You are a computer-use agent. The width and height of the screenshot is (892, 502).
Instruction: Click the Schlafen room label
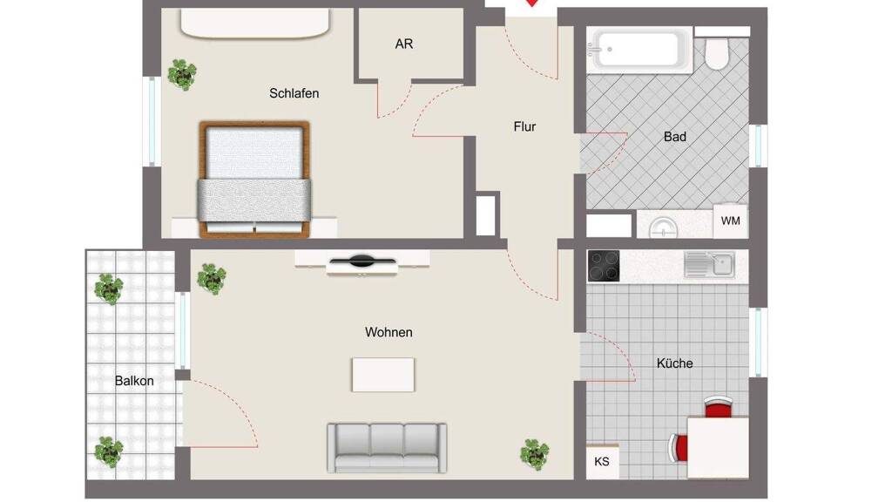(294, 93)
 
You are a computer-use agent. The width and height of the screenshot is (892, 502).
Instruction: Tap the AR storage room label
(404, 44)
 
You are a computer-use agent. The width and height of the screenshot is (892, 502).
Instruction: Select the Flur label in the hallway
(524, 126)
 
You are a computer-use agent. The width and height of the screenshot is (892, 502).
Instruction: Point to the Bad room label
(675, 137)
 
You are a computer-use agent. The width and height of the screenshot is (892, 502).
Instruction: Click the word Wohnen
(389, 332)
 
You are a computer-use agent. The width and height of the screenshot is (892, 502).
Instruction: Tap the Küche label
(675, 363)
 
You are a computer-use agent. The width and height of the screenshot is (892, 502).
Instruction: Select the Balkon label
(134, 381)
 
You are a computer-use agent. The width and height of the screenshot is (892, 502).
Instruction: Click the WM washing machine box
(731, 220)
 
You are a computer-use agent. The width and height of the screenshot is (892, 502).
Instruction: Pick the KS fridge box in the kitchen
(602, 461)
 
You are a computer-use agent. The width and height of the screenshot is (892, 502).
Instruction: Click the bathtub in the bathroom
(639, 50)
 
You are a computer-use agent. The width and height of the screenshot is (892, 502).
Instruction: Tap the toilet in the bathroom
(718, 51)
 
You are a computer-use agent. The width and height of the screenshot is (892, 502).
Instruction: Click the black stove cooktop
(604, 266)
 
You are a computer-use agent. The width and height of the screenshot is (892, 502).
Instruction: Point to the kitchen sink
(709, 265)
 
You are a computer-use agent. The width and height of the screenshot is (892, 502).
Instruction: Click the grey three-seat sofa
(387, 448)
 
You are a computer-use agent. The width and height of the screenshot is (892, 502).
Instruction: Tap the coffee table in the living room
(383, 375)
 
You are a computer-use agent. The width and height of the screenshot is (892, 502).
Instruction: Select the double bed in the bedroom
(254, 179)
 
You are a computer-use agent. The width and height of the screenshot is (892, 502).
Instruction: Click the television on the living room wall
(362, 262)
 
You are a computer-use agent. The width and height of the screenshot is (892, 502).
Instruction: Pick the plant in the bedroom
(183, 74)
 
